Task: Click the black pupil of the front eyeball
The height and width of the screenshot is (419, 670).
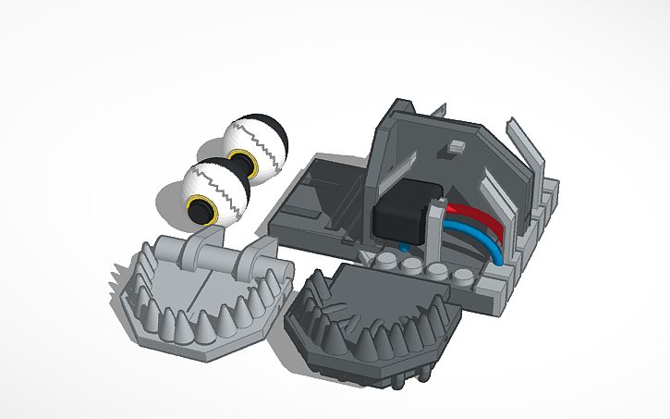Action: point(200,211)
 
